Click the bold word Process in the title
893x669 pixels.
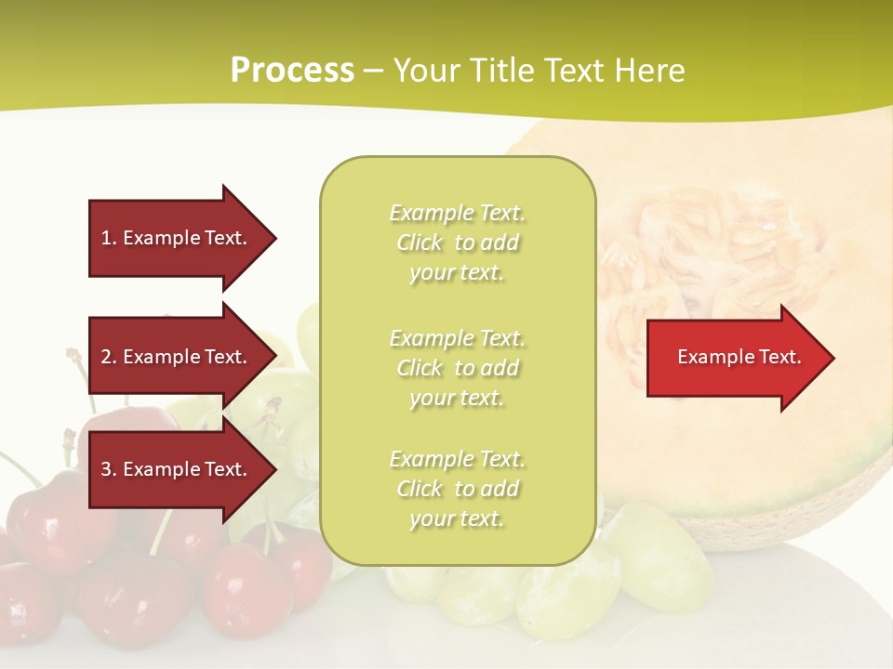(292, 71)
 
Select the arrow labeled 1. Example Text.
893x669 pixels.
(177, 238)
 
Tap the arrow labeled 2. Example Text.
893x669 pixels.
(177, 357)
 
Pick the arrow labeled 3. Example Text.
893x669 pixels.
(177, 469)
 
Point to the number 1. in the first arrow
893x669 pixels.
(109, 238)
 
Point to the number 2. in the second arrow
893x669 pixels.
(109, 357)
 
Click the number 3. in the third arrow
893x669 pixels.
(109, 469)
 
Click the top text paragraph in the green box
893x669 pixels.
(457, 243)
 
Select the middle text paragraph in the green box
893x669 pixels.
(457, 368)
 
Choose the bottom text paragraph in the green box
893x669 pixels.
(457, 489)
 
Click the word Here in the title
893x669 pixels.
(650, 71)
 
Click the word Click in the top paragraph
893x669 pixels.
(420, 243)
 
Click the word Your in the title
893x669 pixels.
(427, 71)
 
